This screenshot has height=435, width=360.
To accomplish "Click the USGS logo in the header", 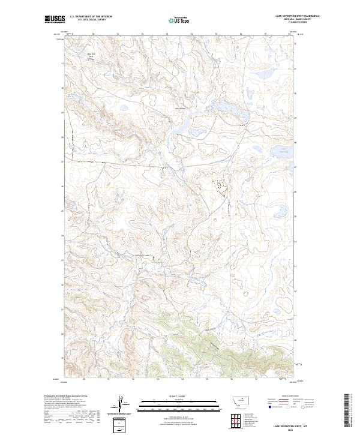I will (x=55, y=20).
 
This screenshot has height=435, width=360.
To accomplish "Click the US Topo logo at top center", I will (x=181, y=20).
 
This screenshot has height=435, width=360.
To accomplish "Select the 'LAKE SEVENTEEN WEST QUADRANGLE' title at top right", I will (x=296, y=16).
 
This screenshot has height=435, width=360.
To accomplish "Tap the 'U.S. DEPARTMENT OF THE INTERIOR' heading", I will (x=91, y=17).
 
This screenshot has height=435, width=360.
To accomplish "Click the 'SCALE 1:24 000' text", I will (x=181, y=395).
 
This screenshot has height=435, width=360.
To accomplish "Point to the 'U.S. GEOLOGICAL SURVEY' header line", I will (x=91, y=20).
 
